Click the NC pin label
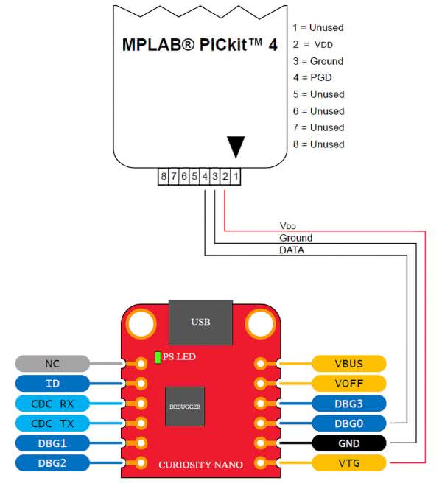52,363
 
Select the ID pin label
52,383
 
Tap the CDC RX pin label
52,403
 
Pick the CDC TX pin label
52,423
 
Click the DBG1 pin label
52,443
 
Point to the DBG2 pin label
52,462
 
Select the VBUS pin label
349,363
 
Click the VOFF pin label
349,383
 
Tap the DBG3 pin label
349,403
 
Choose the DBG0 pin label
349,423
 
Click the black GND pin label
349,443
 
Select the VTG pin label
349,462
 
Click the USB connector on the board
200,321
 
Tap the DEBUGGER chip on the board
184,406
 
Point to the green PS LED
158,357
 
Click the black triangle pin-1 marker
235,147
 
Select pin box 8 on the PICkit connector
164,177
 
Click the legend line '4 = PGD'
318,77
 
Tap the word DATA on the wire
292,250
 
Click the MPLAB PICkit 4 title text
200,44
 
